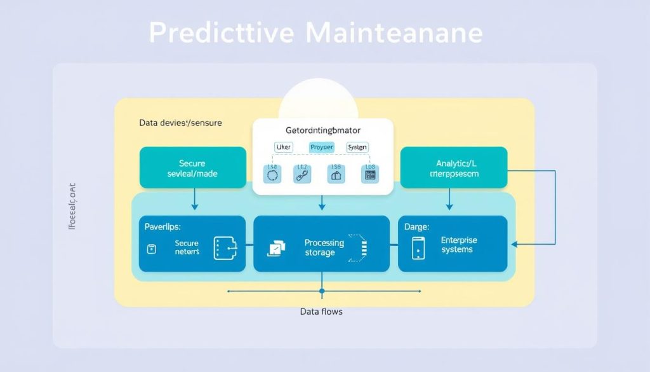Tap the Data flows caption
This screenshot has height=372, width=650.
click(x=321, y=312)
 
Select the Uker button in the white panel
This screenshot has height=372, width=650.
click(x=283, y=147)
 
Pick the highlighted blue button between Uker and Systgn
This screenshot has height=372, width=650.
click(x=321, y=147)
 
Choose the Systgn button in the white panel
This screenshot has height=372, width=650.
click(x=357, y=147)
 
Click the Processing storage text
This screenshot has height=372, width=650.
click(x=324, y=247)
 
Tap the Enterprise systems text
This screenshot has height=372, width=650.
click(x=458, y=245)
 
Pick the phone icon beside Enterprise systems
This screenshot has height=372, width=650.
click(x=418, y=247)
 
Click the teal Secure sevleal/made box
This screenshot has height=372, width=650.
click(x=192, y=168)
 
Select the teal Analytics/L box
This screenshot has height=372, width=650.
click(x=453, y=168)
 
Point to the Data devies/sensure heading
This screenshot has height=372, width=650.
click(x=180, y=123)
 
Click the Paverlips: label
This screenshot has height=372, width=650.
click(x=162, y=226)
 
